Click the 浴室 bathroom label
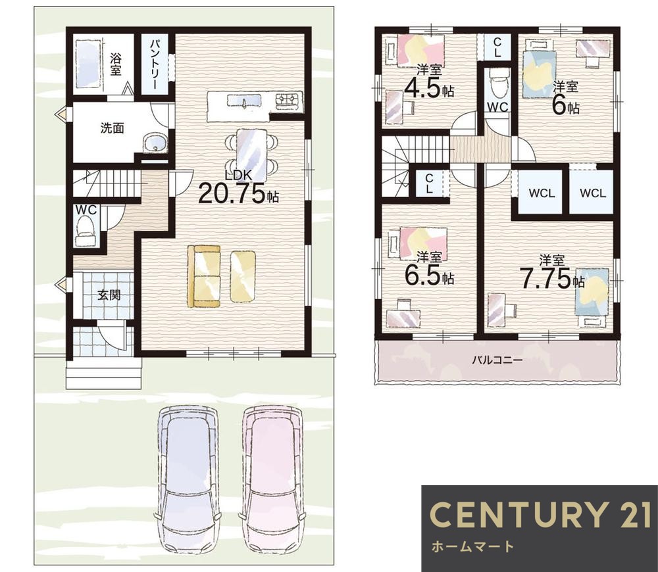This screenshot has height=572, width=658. pyautogui.click(x=115, y=64)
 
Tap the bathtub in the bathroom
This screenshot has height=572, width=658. pyautogui.click(x=89, y=64)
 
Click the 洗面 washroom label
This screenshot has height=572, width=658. pyautogui.click(x=112, y=128)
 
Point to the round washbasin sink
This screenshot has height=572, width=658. pyautogui.click(x=156, y=144)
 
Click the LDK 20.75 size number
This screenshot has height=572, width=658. pyautogui.click(x=232, y=194)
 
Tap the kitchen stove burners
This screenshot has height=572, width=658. pyautogui.click(x=288, y=100)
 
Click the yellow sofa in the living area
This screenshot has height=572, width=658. pyautogui.click(x=204, y=277)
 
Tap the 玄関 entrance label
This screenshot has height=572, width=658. pyautogui.click(x=109, y=295)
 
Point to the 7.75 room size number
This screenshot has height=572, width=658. pyautogui.click(x=545, y=278)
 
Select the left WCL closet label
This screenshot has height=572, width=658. pyautogui.click(x=542, y=193)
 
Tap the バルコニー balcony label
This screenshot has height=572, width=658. pyautogui.click(x=497, y=360)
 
